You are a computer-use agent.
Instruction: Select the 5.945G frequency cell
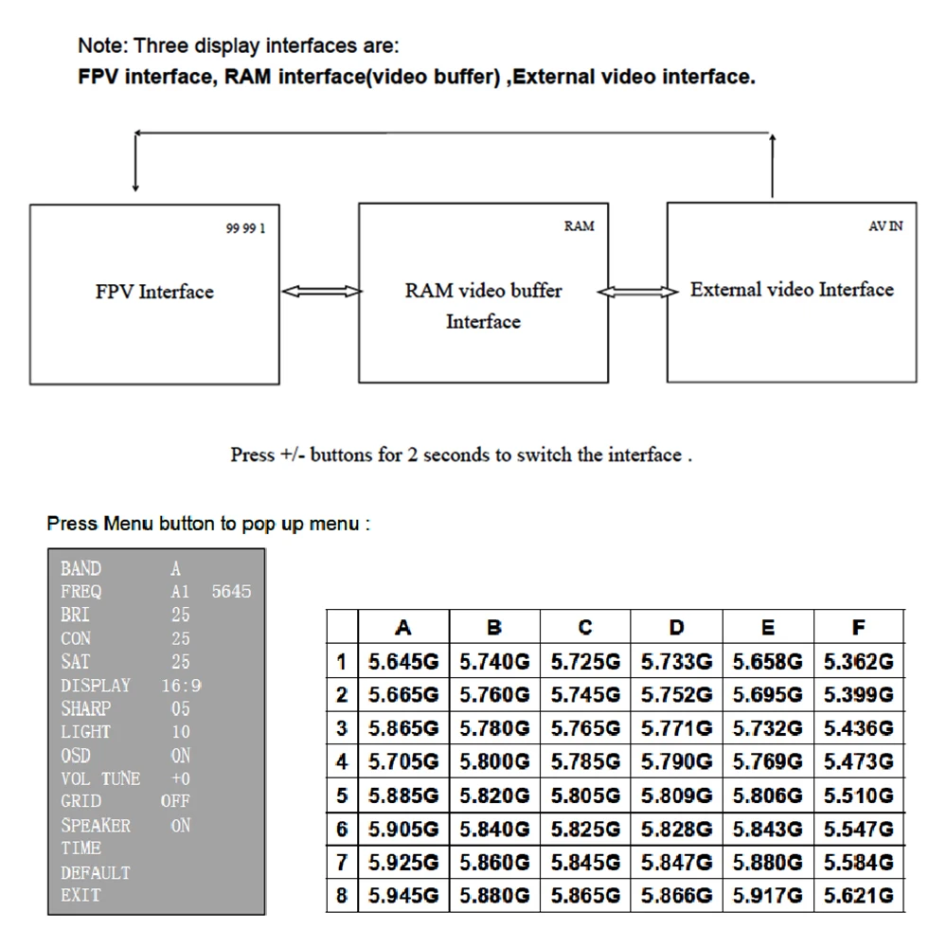[x=403, y=896]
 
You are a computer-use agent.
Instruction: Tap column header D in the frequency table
[x=676, y=627]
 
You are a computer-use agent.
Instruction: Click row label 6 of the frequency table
[x=342, y=830]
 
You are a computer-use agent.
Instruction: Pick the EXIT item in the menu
[x=80, y=895]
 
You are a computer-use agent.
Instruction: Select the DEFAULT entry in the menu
[x=96, y=872]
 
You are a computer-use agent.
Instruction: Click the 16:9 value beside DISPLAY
[x=181, y=685]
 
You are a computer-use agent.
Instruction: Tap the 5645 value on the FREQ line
[x=232, y=592]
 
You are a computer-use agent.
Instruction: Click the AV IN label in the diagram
[x=885, y=226]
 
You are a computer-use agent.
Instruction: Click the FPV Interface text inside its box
[x=154, y=292]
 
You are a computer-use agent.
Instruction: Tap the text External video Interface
[x=792, y=290]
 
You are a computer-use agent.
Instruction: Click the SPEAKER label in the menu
[x=96, y=825]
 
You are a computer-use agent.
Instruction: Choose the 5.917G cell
[x=767, y=896]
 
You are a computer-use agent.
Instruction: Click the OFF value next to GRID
[x=175, y=801]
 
